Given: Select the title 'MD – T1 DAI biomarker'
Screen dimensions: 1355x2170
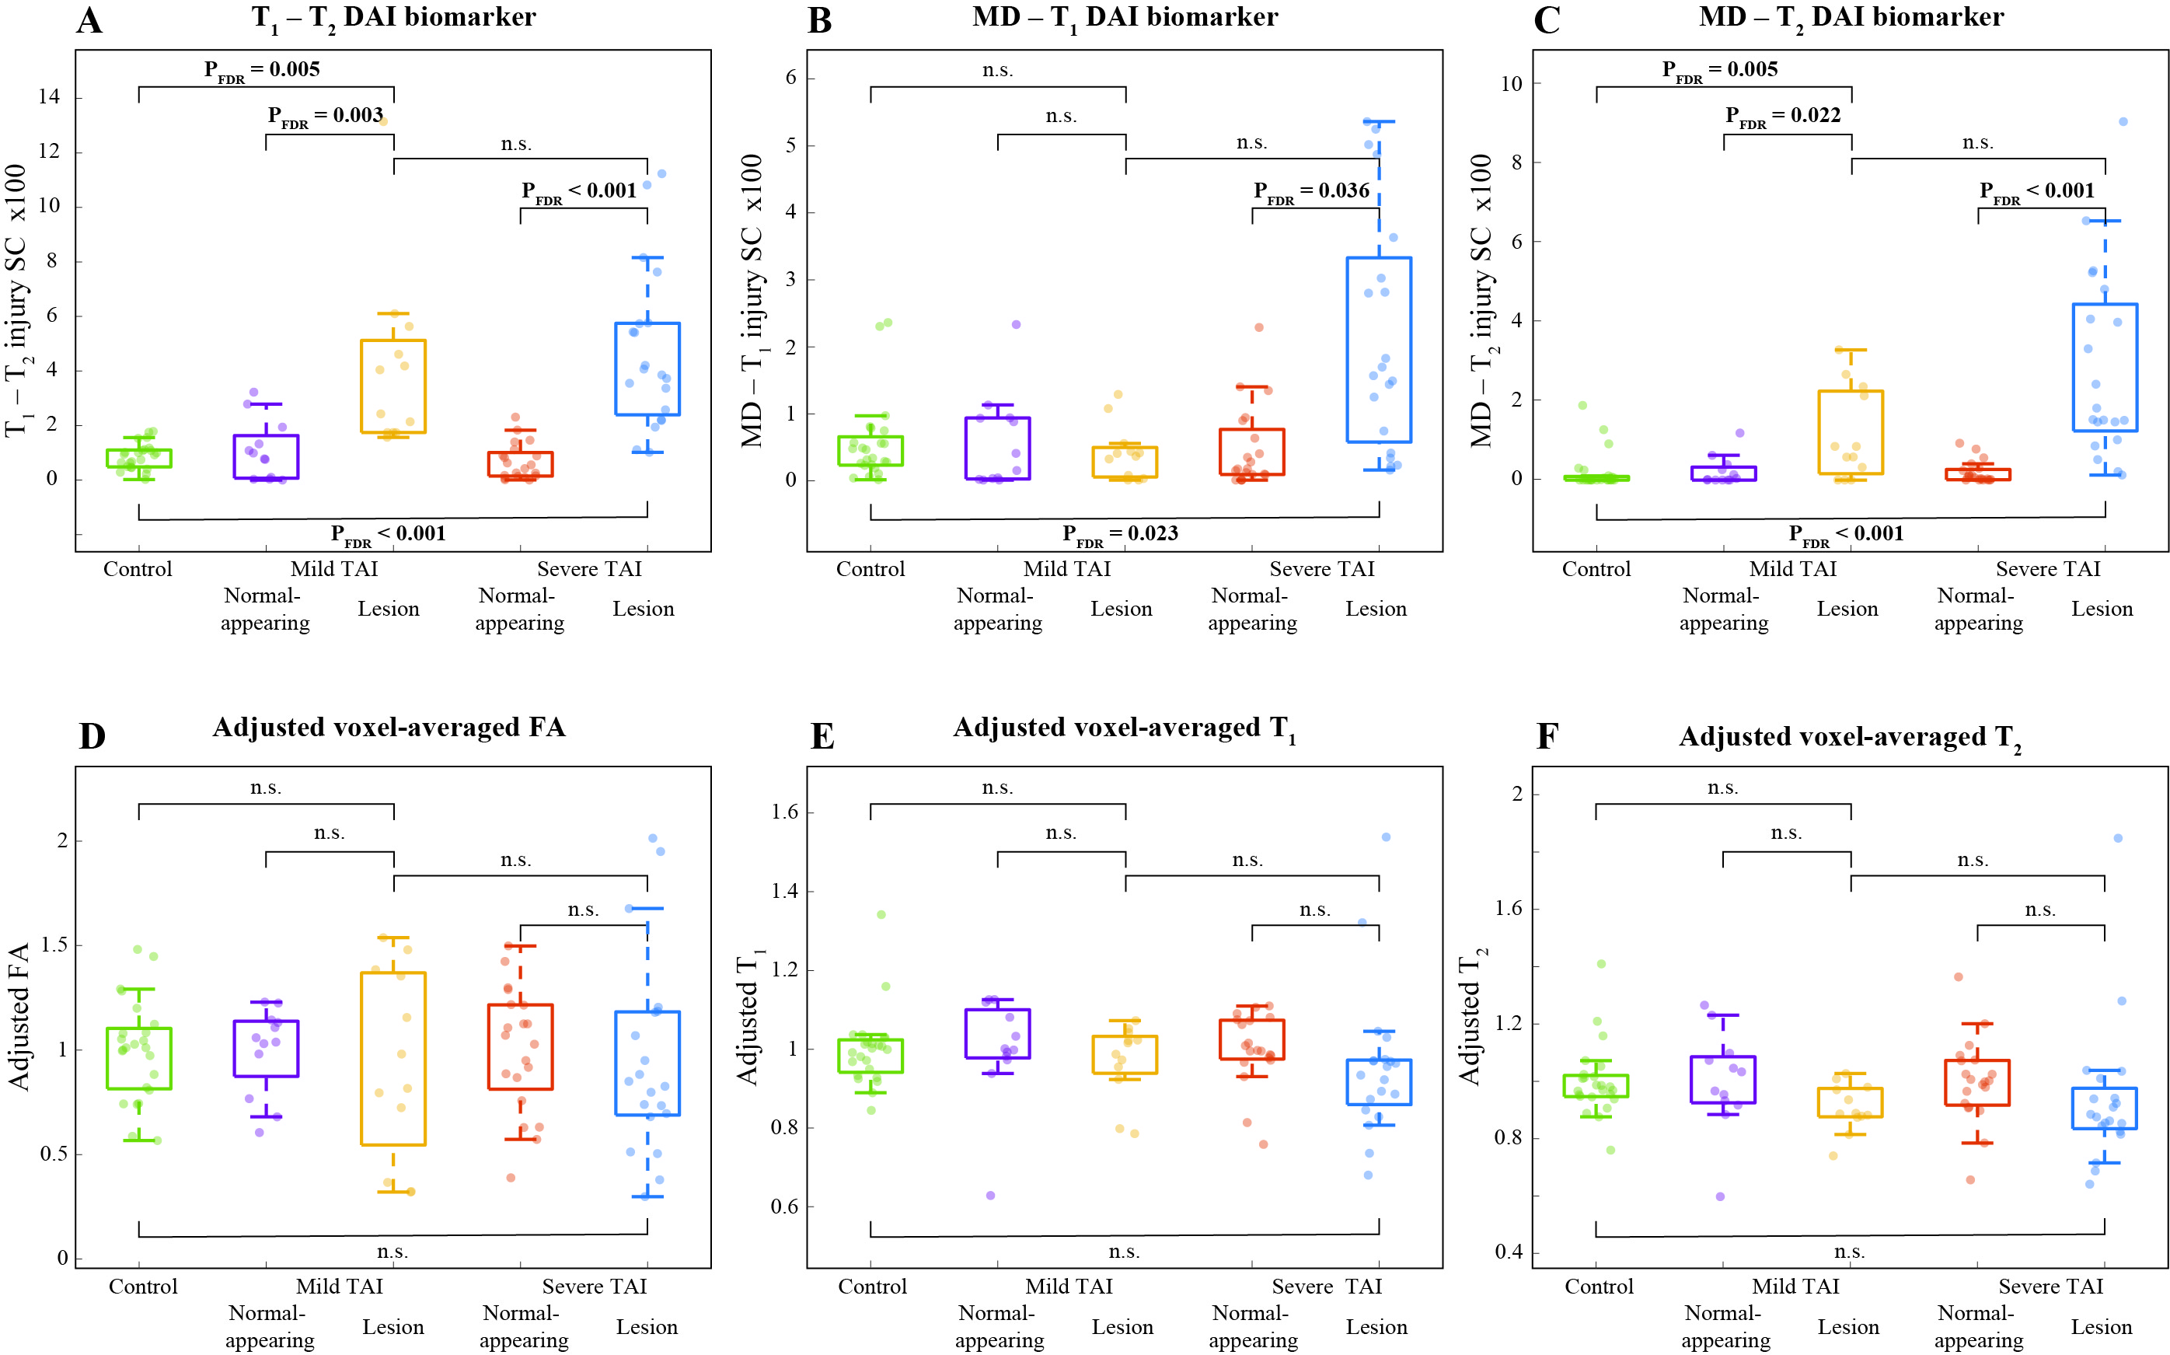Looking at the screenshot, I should (1125, 19).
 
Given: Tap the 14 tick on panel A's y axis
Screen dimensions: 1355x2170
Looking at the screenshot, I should (49, 96).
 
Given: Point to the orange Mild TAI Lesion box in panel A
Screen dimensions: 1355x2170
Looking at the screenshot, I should (393, 386).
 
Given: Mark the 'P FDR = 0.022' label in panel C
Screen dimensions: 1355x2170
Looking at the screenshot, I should (1782, 117).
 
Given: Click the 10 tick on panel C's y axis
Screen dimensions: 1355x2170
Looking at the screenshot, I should (1511, 84).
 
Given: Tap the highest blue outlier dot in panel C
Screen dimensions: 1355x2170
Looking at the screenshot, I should (2123, 122).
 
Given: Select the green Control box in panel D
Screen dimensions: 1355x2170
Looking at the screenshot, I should (139, 1058).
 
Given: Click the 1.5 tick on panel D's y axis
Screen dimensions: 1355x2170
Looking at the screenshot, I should (54, 945).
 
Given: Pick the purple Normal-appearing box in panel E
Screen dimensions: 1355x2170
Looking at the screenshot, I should (997, 1033).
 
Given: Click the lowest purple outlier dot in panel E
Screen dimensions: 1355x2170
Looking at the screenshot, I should (990, 1196).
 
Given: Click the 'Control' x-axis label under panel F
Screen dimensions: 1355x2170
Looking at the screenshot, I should (1599, 1287).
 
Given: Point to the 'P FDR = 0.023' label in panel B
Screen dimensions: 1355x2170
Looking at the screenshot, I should (1119, 535).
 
